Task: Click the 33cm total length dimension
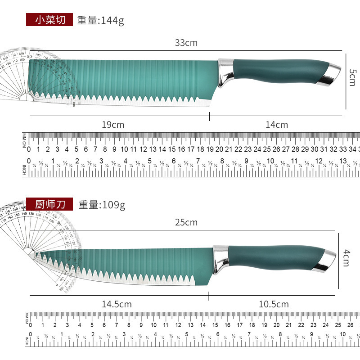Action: (186, 43)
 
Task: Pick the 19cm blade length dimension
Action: (112, 125)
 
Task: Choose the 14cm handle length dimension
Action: (277, 125)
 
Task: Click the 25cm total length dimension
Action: (186, 222)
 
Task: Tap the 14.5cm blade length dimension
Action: (117, 304)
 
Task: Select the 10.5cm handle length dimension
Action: (274, 304)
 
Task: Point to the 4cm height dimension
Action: (346, 258)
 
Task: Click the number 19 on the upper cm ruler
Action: (210, 149)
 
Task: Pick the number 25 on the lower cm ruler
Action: (338, 325)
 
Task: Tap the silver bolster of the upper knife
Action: (225, 72)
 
